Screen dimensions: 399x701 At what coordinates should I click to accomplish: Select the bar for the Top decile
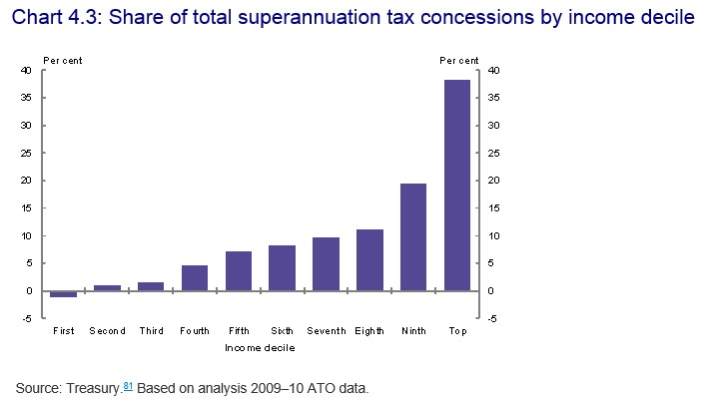click(456, 186)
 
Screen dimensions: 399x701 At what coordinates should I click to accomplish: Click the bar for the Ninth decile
click(413, 237)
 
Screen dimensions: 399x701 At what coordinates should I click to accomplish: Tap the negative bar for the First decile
click(63, 294)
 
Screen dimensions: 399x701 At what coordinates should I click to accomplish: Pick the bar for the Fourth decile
click(194, 278)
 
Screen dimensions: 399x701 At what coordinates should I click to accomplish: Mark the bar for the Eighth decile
click(369, 260)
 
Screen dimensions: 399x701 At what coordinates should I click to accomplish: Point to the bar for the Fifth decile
click(238, 271)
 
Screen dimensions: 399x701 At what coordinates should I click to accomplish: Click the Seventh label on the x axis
click(326, 330)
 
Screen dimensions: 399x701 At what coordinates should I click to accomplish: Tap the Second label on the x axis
click(107, 330)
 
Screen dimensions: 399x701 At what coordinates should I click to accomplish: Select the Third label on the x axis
click(151, 330)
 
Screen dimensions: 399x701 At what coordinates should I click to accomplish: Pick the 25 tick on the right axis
click(492, 154)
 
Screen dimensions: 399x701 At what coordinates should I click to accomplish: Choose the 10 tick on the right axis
click(492, 236)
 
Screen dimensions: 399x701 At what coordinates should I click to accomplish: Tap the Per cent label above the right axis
click(459, 60)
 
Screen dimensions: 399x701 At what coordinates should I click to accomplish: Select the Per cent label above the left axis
click(62, 60)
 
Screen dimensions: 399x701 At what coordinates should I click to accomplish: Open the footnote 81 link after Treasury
click(127, 384)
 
